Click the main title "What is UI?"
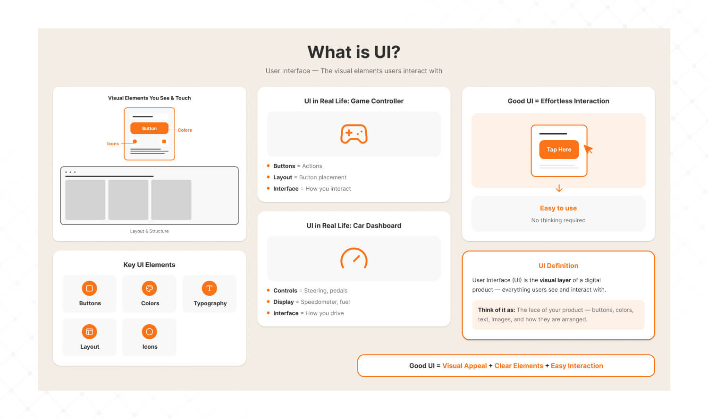[354, 52]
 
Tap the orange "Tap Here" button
[559, 150]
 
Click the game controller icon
[354, 134]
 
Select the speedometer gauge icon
[354, 258]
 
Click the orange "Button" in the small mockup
[149, 128]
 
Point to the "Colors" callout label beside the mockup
[185, 130]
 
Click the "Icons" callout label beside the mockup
[113, 144]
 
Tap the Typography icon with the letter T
[209, 288]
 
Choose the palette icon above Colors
[149, 288]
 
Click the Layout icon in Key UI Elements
[90, 332]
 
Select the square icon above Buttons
[90, 288]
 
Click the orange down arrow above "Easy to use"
[559, 188]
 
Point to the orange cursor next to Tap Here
[588, 149]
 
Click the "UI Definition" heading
[558, 266]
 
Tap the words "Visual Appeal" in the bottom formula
[464, 366]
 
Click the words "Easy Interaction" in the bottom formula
[577, 366]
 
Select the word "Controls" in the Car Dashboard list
[285, 290]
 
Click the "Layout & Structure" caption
[149, 231]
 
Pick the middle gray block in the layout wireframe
[128, 200]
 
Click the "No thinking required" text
[558, 220]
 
